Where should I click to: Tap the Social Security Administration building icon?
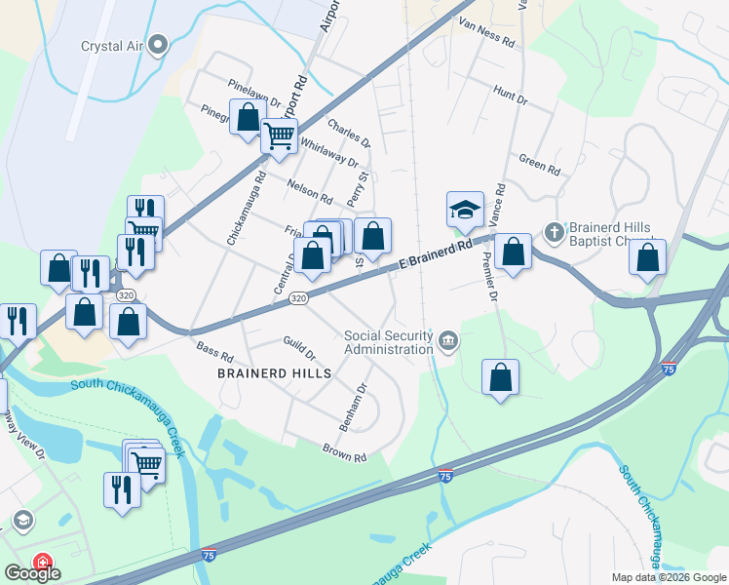click(x=447, y=340)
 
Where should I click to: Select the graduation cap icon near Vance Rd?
click(x=465, y=209)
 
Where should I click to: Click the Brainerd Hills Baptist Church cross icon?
click(x=554, y=232)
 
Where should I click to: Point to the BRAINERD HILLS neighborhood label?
click(x=275, y=373)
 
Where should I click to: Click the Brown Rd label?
click(x=345, y=452)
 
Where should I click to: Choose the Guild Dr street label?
click(x=298, y=348)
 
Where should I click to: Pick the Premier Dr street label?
click(x=490, y=276)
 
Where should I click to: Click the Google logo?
click(x=31, y=573)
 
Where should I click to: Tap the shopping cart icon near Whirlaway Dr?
click(x=279, y=136)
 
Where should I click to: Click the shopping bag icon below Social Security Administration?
click(x=500, y=377)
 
